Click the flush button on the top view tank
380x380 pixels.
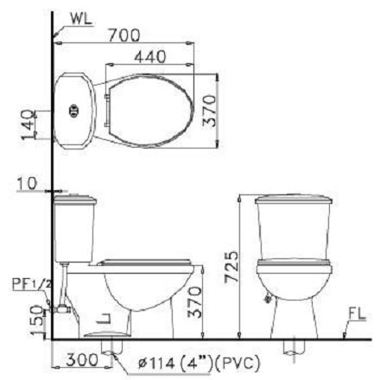coord(73,110)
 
